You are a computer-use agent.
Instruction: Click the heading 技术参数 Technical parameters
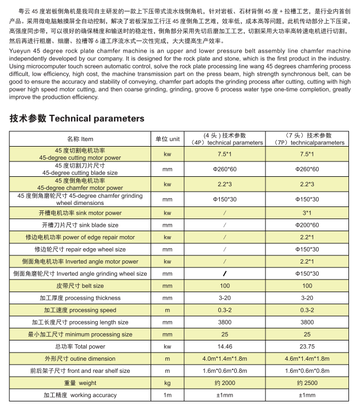coord(77,118)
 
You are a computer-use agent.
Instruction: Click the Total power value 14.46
coord(224,346)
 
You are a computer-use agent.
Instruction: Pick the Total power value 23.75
coord(307,346)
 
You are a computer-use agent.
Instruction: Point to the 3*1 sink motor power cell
coord(307,213)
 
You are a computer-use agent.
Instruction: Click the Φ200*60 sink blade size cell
coord(307,225)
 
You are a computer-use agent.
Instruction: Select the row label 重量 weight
coord(80,383)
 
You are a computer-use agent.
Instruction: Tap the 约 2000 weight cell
coord(224,383)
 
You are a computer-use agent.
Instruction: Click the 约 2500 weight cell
coord(307,383)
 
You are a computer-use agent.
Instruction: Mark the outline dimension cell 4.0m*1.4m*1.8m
coord(224,359)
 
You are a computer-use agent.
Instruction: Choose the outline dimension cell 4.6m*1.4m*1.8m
coord(307,359)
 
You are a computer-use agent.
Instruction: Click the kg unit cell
coord(168,383)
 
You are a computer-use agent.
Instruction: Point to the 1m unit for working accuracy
coord(168,395)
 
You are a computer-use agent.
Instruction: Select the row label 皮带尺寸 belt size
coord(80,286)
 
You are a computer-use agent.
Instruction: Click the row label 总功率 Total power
coord(80,346)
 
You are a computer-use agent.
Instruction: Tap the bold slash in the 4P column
coord(224,273)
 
